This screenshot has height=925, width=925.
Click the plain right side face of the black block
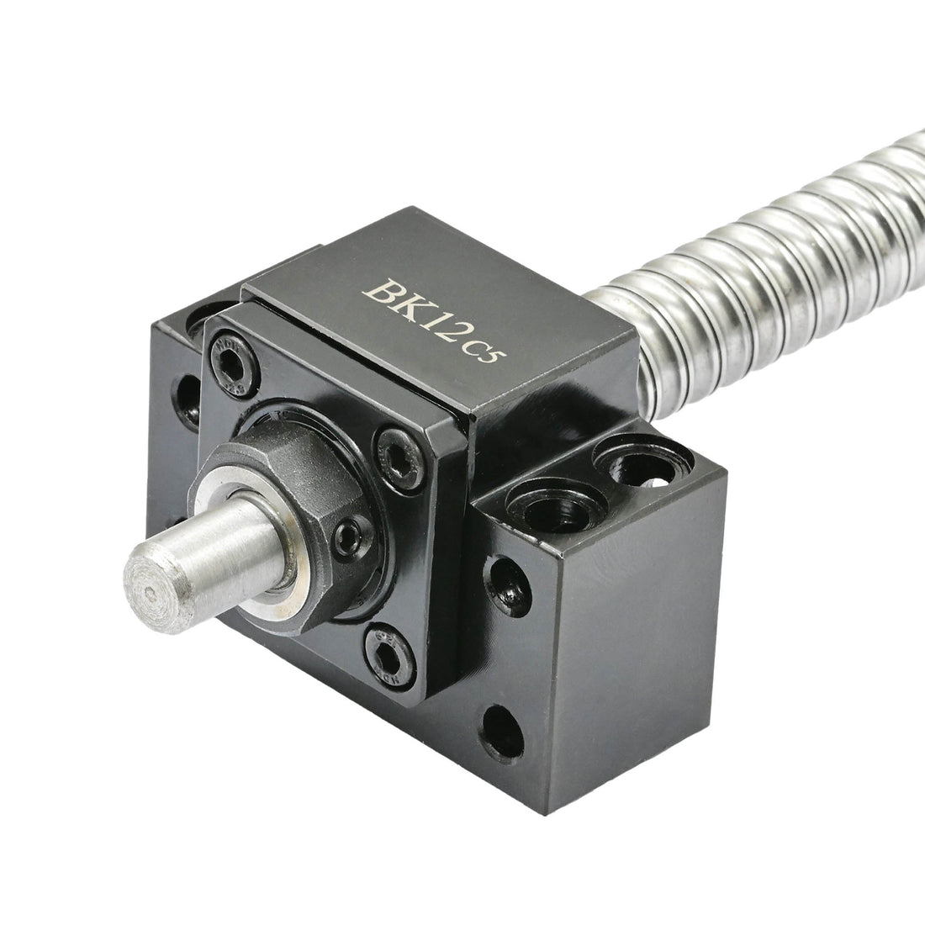(x=647, y=639)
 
